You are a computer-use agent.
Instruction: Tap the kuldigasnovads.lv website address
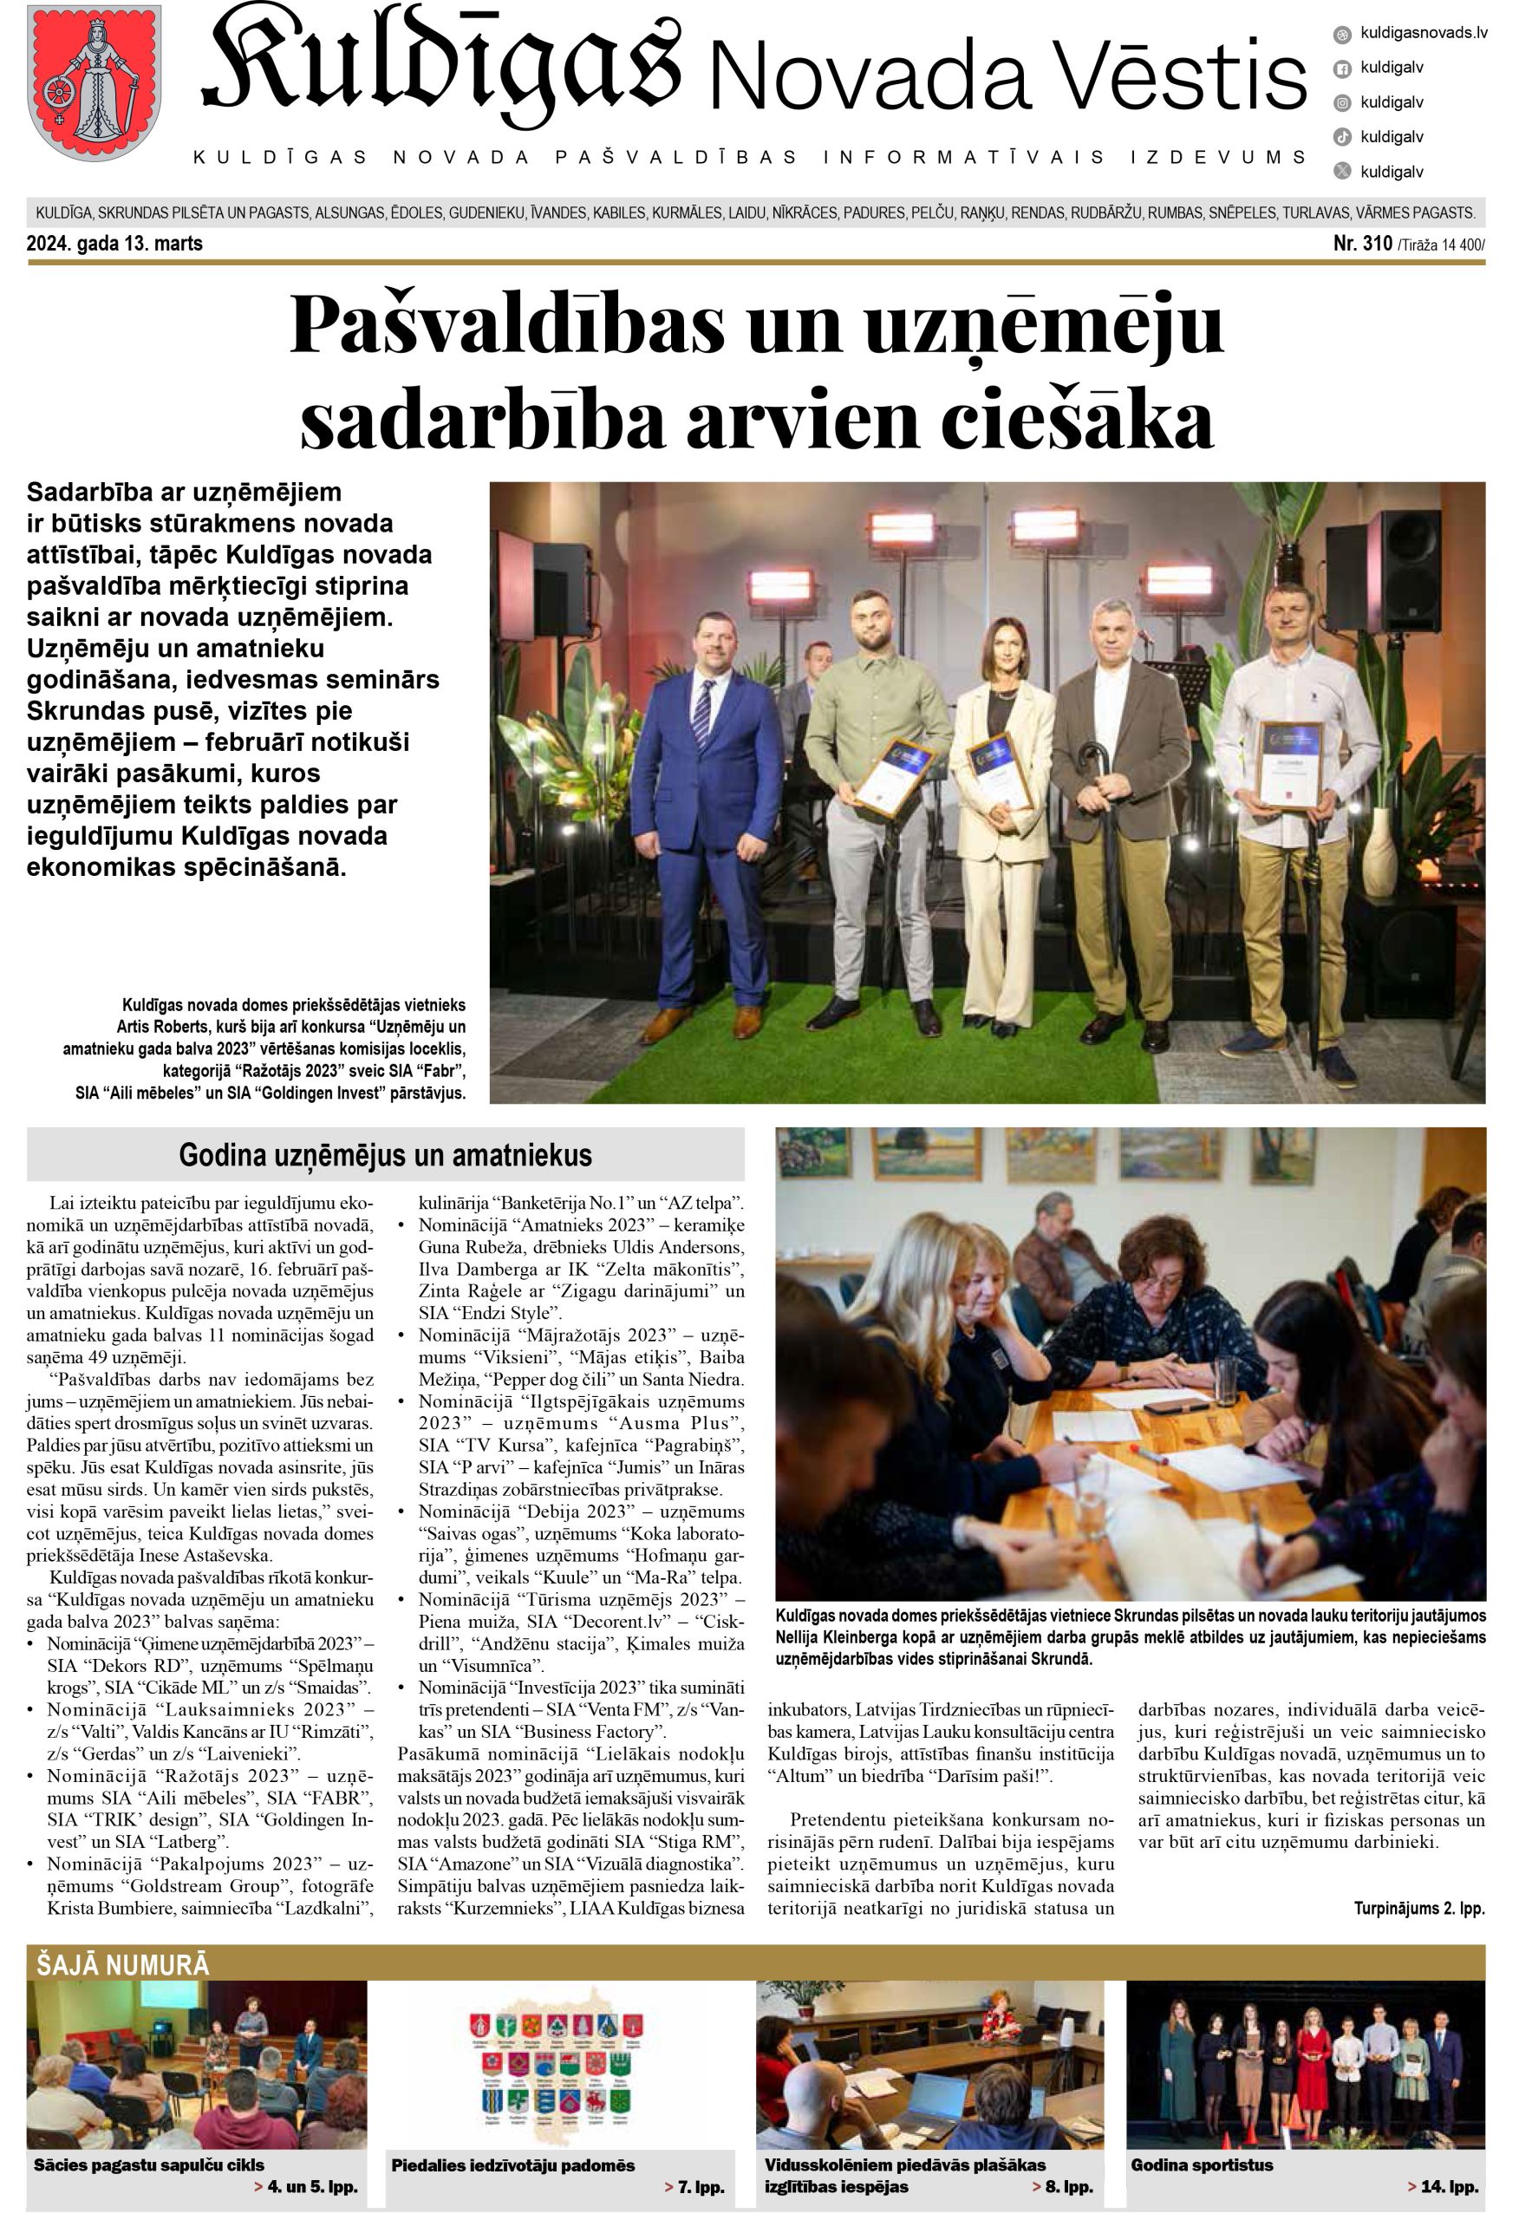(1424, 34)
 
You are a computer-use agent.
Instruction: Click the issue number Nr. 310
(1363, 244)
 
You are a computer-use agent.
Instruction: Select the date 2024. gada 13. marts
(115, 244)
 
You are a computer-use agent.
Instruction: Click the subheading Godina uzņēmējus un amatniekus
(385, 1154)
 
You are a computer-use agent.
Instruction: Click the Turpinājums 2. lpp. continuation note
(1418, 1908)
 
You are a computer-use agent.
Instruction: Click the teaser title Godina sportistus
(1202, 2165)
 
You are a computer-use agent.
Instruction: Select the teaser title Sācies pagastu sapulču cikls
(149, 2165)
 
